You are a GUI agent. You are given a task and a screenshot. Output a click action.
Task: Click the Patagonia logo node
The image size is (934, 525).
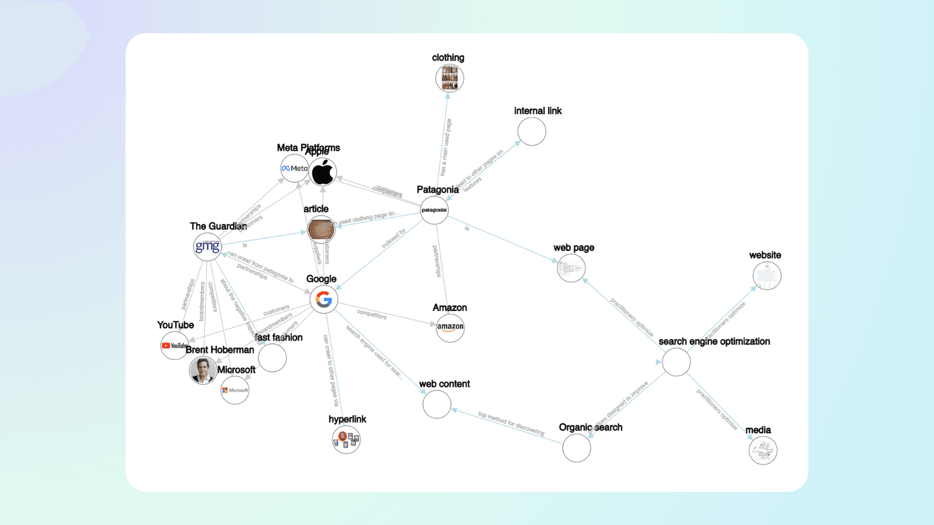(434, 210)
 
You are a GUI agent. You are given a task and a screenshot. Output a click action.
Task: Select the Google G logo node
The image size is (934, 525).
(324, 299)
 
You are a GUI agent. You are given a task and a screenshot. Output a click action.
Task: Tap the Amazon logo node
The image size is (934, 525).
(450, 327)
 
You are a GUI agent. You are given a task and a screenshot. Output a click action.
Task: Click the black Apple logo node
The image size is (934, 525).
(323, 172)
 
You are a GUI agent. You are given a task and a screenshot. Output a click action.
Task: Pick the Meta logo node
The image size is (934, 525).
(294, 169)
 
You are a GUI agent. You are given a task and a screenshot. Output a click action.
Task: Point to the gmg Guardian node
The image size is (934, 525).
(207, 247)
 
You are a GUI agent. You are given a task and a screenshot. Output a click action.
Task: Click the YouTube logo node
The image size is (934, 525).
(174, 345)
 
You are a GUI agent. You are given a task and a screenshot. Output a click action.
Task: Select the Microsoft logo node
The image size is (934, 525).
(235, 390)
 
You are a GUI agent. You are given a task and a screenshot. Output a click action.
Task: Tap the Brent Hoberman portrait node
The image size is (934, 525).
(203, 370)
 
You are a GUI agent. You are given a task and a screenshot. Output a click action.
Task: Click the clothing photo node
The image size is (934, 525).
(449, 78)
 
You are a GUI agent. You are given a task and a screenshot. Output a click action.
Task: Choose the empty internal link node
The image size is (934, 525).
(532, 132)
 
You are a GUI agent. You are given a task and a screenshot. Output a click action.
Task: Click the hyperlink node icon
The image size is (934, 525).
(346, 440)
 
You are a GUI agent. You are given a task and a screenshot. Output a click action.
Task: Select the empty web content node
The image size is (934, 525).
(437, 404)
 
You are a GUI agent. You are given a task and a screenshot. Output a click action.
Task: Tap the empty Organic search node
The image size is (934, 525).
(577, 448)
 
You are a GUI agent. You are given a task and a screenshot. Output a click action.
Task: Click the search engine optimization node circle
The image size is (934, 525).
(677, 362)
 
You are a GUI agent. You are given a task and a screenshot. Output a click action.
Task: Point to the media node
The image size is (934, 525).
(763, 450)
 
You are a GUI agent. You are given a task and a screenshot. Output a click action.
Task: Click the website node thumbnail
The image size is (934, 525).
(766, 276)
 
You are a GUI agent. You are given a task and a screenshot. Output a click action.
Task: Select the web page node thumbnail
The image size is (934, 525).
(571, 268)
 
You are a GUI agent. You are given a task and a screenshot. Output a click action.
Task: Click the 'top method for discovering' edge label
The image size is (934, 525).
(511, 423)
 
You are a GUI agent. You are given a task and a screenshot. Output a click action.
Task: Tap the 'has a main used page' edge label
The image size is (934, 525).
(446, 147)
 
